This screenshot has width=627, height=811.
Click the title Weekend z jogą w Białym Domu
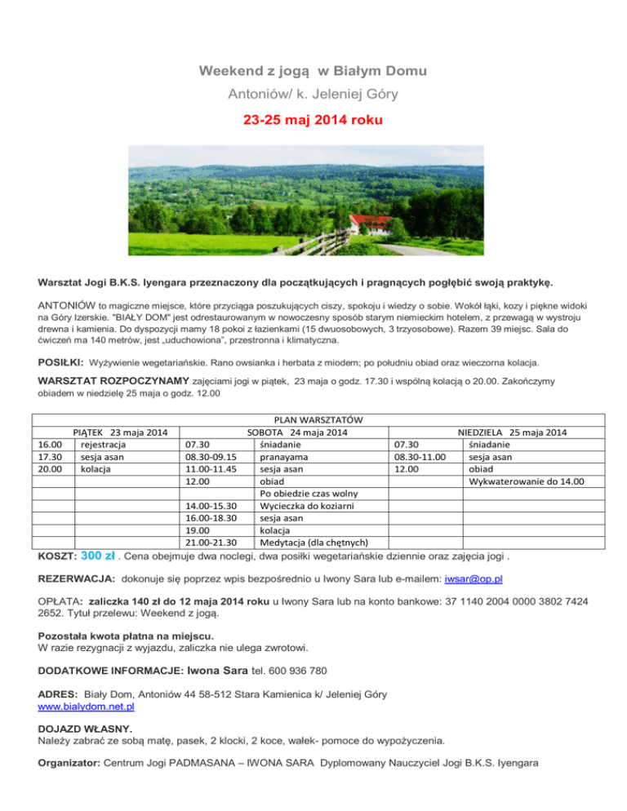(x=313, y=72)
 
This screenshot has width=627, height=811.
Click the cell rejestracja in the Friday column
(x=104, y=445)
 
